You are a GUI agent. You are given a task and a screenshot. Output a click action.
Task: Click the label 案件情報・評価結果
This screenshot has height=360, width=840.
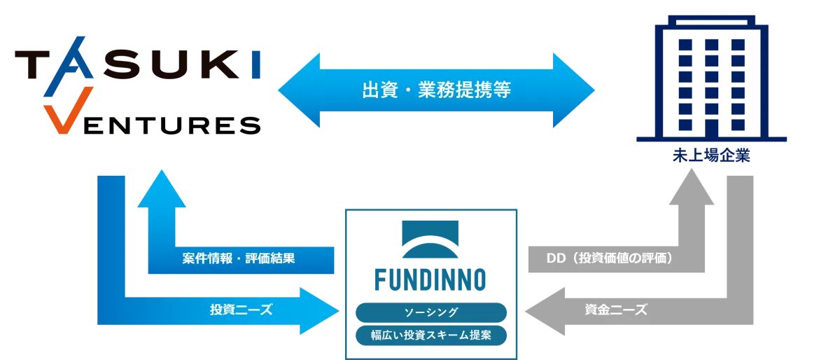[238, 258]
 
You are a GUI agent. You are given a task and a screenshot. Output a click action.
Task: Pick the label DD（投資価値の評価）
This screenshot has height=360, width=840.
[609, 258]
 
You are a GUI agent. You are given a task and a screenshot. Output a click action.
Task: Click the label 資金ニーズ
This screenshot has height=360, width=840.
[615, 310]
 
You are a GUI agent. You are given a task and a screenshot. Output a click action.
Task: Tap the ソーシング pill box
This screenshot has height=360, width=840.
[430, 312]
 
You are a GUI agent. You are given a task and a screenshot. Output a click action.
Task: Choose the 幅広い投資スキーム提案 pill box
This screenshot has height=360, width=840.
[430, 335]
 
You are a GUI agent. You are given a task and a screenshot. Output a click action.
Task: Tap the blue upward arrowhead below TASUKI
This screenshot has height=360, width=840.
[162, 189]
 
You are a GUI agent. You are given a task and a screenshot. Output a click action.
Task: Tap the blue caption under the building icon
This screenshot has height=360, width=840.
[710, 155]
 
